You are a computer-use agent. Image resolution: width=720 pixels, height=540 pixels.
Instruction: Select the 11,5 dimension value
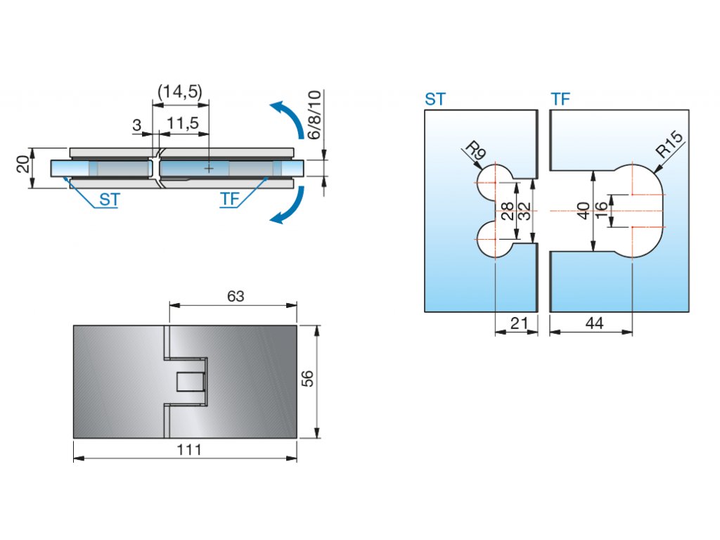[x=183, y=124]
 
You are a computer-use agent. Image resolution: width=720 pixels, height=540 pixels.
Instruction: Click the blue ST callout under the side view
[x=109, y=200]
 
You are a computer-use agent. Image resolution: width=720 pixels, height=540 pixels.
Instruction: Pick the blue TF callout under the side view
[x=230, y=200]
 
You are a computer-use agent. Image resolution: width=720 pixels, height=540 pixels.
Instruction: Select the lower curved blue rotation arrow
[x=288, y=206]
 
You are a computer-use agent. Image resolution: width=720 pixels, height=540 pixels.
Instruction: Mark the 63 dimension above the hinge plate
[x=235, y=297]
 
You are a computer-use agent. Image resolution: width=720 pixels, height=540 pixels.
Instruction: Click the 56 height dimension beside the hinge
[x=307, y=379]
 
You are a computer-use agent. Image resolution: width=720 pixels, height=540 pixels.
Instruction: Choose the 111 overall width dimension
[x=189, y=450]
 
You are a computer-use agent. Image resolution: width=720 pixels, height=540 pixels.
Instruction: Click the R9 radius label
[x=475, y=150]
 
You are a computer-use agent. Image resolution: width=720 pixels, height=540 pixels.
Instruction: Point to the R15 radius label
[x=669, y=146]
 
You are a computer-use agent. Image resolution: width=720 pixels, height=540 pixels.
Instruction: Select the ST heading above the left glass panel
[x=435, y=99]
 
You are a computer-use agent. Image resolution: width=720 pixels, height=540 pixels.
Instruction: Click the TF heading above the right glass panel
[x=560, y=99]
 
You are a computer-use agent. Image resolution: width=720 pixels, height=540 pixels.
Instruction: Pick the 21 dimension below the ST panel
[x=518, y=323]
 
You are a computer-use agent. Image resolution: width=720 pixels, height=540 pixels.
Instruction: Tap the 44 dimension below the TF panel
[x=594, y=323]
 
